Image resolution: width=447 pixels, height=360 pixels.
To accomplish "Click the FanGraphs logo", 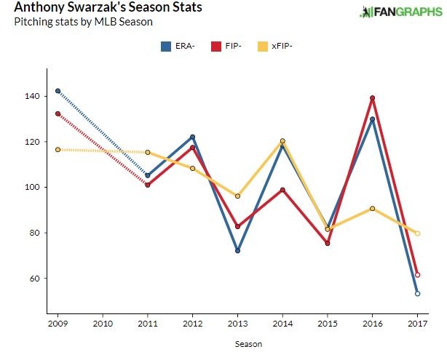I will click(401, 12).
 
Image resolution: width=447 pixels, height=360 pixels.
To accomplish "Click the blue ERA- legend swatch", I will click(166, 46).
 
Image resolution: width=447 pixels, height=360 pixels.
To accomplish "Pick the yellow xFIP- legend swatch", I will click(264, 46).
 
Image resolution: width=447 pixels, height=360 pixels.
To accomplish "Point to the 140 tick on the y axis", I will click(32, 96).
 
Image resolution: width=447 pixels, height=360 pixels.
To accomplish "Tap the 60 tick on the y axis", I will click(34, 279).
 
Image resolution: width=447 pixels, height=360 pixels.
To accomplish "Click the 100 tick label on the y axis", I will click(32, 188).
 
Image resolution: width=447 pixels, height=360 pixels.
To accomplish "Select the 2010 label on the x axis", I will click(102, 323).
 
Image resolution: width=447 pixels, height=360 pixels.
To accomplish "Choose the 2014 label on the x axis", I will click(282, 323).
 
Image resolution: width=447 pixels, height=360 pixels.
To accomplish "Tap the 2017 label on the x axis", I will click(417, 323).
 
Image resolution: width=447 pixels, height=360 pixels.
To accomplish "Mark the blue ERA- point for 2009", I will click(58, 91).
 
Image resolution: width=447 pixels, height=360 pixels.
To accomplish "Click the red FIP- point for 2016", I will click(373, 98).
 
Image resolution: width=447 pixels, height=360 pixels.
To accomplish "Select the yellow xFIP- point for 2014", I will click(282, 141).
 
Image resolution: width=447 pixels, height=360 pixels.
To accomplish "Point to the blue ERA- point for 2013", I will click(237, 251).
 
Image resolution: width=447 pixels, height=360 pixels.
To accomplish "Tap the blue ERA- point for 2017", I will click(417, 294).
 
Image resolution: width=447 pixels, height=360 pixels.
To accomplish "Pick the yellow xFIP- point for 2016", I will click(373, 209).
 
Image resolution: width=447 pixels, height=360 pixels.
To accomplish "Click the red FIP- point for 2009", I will click(58, 113).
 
